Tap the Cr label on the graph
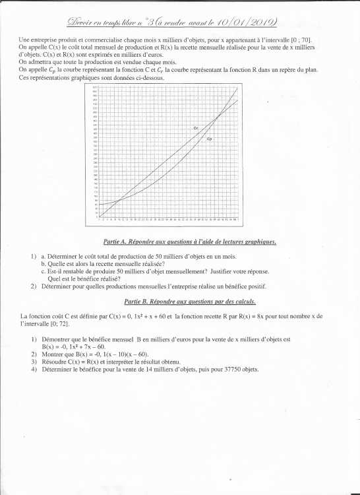tap(196, 127)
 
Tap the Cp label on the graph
tap(209, 140)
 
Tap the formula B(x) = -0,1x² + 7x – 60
tap(74, 346)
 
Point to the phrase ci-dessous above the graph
tap(148, 78)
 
